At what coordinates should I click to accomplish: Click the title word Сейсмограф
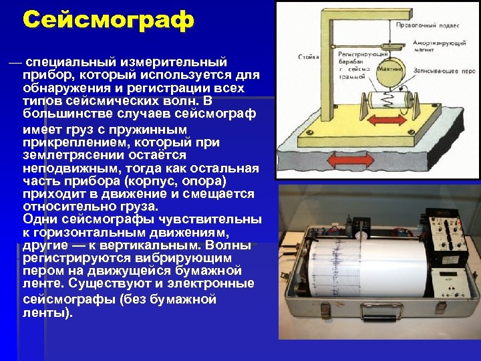click(x=108, y=19)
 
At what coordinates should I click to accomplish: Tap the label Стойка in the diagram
click(x=308, y=57)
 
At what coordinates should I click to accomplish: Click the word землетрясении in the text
click(x=65, y=154)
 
